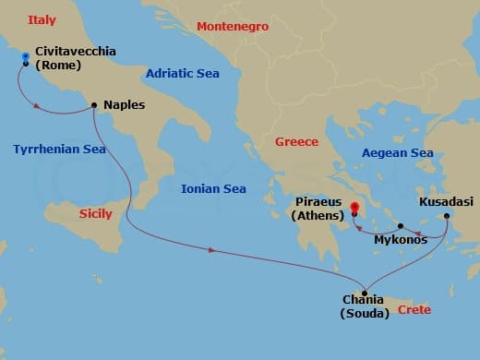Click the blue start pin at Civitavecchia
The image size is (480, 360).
coord(25,58)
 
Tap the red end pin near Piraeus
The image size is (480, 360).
coord(355,209)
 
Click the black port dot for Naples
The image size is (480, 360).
coord(95,105)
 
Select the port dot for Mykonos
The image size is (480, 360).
coord(401,225)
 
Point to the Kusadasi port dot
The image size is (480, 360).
coord(447,217)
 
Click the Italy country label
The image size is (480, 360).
coord(42,19)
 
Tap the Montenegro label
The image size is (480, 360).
coord(233,27)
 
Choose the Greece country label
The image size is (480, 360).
coord(295,141)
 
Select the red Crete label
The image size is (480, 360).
coord(414,309)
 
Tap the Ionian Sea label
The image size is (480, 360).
coord(213,188)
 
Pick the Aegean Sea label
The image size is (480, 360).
coord(398,152)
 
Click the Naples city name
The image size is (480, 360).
coord(125,105)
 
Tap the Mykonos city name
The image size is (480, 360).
coord(401,240)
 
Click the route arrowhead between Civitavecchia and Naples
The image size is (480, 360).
coord(36,106)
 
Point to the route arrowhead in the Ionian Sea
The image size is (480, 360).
coord(214,250)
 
